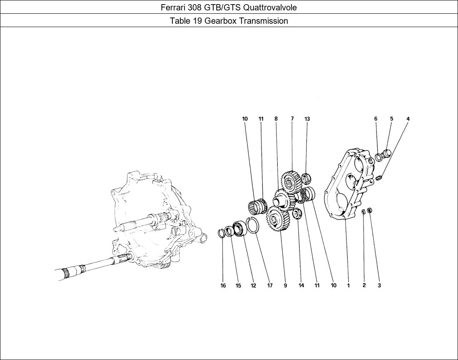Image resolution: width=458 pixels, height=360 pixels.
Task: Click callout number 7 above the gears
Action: (x=292, y=119)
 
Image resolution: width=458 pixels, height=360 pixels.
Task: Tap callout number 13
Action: (x=307, y=119)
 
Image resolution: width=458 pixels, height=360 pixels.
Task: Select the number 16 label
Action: (x=223, y=286)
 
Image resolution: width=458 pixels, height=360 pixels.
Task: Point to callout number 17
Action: (x=270, y=286)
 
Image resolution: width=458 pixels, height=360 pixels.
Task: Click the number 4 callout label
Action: (x=408, y=119)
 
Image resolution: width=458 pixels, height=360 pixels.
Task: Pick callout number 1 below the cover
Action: (x=348, y=286)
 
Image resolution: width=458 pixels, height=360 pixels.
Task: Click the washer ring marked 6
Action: (x=379, y=157)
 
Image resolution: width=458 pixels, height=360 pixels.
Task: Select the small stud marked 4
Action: (x=379, y=178)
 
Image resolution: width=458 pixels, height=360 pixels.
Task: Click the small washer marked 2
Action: (x=363, y=211)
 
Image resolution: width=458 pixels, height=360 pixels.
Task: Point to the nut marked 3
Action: (x=370, y=210)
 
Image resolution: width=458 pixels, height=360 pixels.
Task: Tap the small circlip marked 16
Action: (x=222, y=233)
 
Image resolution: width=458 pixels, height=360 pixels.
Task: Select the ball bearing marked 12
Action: (x=239, y=229)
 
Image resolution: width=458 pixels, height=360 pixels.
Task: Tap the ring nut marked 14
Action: (x=297, y=214)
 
